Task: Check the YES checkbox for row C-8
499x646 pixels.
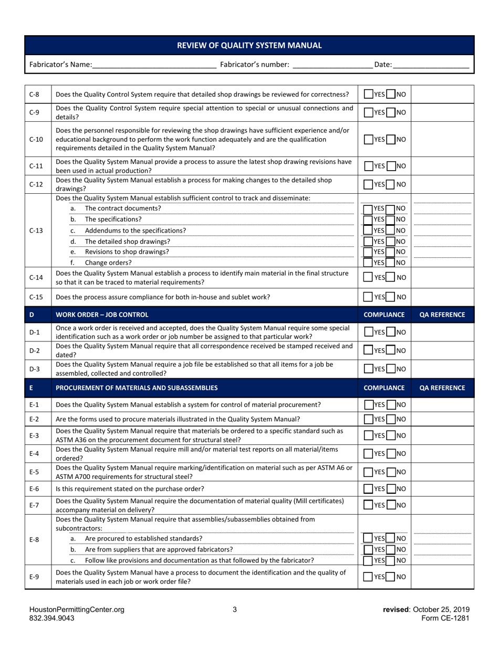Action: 369,95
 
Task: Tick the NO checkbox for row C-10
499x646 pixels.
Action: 391,139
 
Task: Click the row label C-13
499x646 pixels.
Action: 36,231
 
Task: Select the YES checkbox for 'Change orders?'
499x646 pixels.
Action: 368,263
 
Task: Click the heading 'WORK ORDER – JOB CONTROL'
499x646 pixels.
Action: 102,315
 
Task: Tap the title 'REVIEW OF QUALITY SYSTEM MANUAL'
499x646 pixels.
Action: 250,45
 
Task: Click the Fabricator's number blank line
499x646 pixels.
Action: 332,65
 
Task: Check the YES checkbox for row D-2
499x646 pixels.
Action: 369,350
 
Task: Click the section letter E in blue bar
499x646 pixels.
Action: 32,388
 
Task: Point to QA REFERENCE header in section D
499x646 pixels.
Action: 442,315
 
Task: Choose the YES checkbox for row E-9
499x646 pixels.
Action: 369,577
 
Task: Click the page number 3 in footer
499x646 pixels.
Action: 235,610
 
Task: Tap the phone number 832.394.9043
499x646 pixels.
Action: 51,618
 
